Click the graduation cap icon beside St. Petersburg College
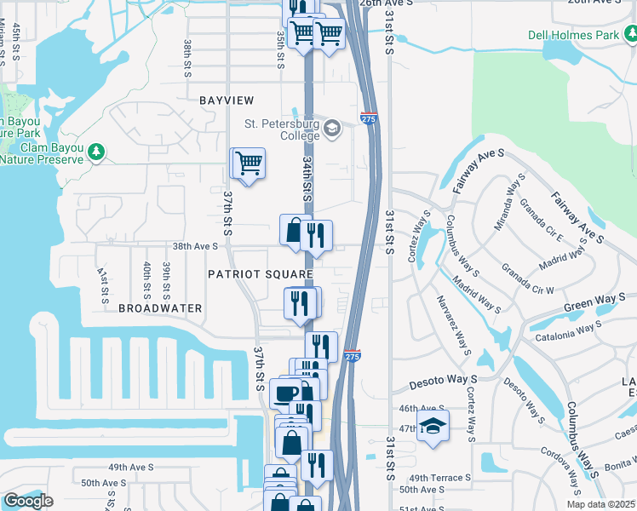(331, 130)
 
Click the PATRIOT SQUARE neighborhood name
(261, 273)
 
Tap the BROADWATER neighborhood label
(160, 307)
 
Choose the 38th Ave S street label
(196, 246)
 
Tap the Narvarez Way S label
(454, 324)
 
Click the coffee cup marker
(285, 393)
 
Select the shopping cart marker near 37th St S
(248, 162)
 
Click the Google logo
(27, 502)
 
